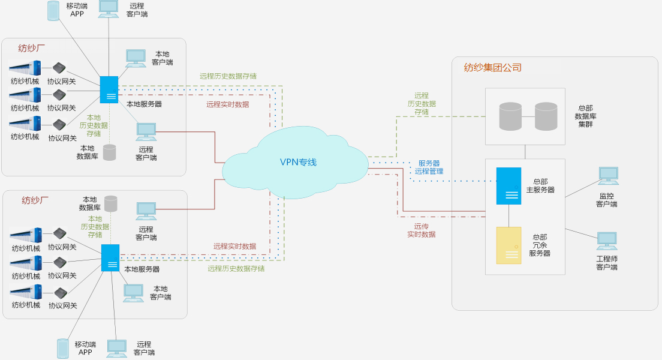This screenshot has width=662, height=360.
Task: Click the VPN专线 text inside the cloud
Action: (x=298, y=162)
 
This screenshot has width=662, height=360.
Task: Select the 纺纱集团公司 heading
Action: (x=492, y=68)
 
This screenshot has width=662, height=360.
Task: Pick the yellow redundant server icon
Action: (x=508, y=245)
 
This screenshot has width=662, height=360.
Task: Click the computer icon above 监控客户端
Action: (x=607, y=176)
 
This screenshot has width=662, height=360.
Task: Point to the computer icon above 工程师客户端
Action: (x=607, y=241)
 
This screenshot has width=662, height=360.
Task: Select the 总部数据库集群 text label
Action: (x=585, y=116)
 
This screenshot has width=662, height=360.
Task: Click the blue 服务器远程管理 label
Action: (x=429, y=167)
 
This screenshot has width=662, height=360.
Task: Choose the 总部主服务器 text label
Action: (x=540, y=185)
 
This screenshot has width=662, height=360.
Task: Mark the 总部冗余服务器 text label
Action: (x=540, y=245)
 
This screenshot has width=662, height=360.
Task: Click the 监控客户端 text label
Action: (x=607, y=200)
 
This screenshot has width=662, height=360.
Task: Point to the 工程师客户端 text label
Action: (x=607, y=263)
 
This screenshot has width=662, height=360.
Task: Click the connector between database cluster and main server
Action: (x=525, y=152)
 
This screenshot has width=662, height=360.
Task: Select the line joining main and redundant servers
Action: (x=509, y=215)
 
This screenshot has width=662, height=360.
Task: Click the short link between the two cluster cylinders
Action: (x=528, y=116)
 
